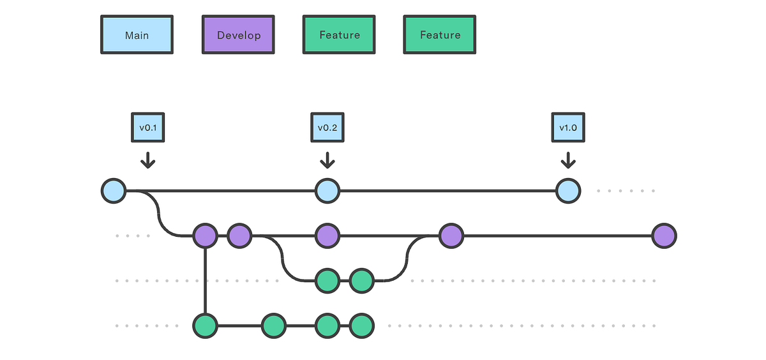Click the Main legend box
point(137,35)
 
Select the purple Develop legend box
point(238,35)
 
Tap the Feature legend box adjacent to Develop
point(339,35)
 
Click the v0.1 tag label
point(148,128)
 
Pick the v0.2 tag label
point(327,128)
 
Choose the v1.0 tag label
point(567,128)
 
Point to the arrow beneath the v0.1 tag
point(148,160)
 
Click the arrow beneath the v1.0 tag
point(567,160)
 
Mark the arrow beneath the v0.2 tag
point(327,160)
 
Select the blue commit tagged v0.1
point(114,191)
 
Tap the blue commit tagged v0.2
point(327,191)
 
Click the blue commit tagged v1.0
point(567,191)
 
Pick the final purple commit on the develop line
point(664,236)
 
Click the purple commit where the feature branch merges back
point(451,236)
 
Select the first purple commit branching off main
point(205,236)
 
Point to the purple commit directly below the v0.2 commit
point(327,236)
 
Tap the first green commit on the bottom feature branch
point(205,326)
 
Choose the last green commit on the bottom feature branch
point(361,326)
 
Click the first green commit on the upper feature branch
point(327,280)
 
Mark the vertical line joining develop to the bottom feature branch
point(205,281)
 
